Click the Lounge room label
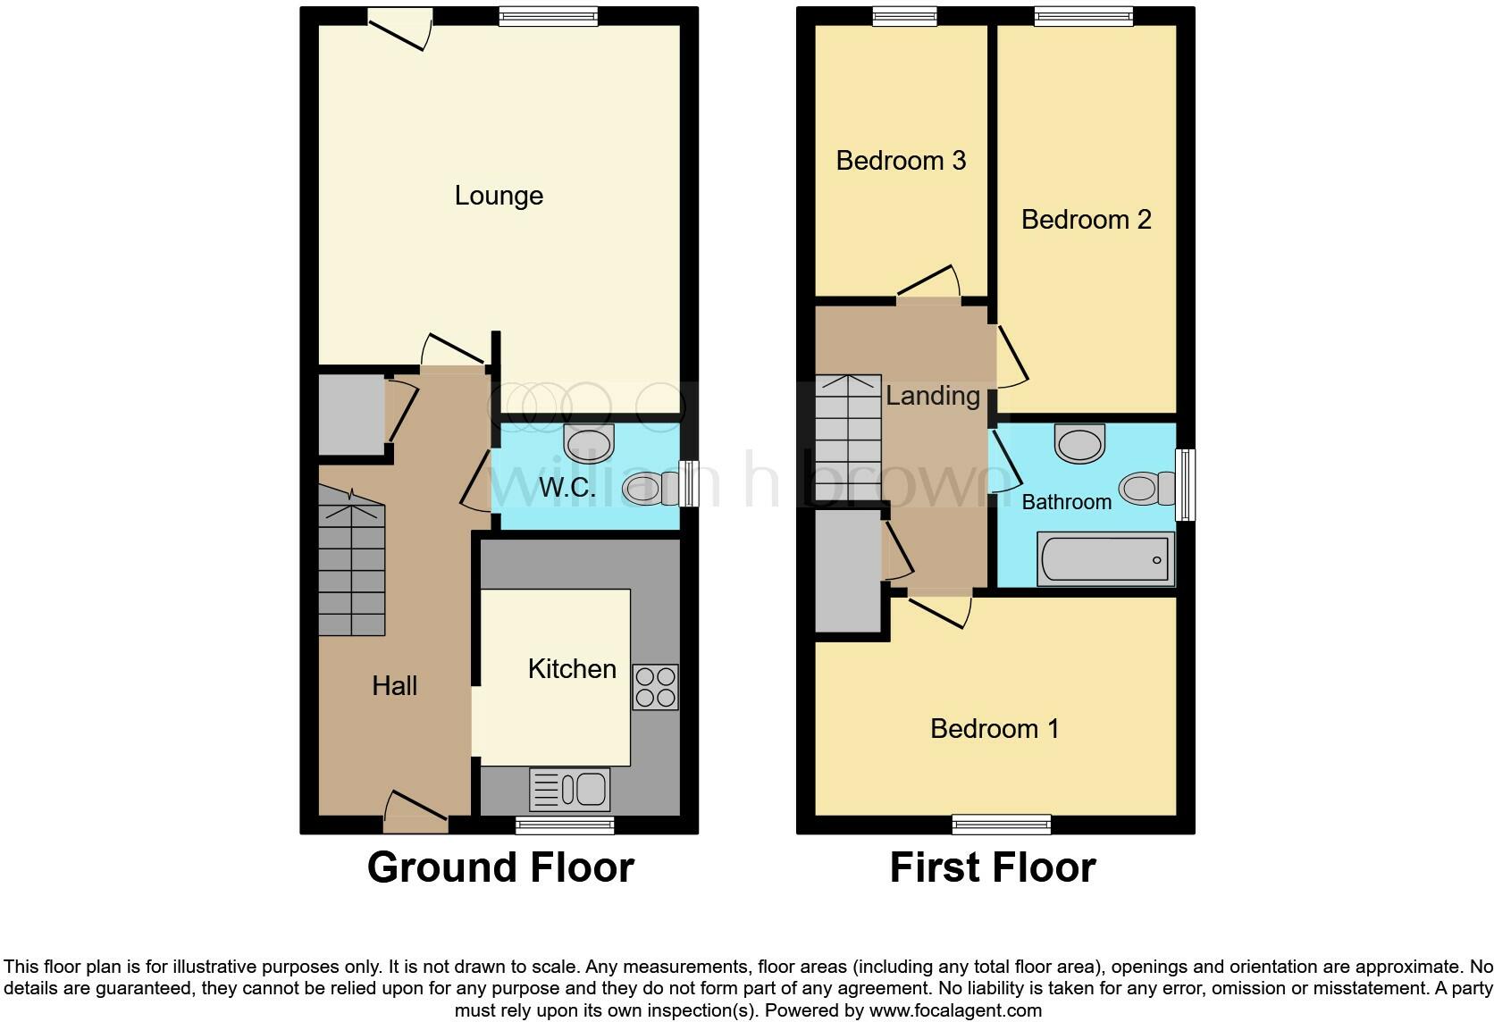point(499,196)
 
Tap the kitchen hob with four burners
point(655,687)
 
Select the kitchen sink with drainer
point(570,790)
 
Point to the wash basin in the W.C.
point(590,442)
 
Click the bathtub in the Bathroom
point(1105,560)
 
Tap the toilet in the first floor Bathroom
point(1148,489)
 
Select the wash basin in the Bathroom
point(1079,444)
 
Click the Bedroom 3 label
point(901,161)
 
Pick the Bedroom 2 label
point(1086,220)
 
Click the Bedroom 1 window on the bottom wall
point(1002,824)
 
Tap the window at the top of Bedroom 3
point(904,16)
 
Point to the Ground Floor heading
point(500,867)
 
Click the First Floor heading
point(992,867)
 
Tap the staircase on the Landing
point(848,437)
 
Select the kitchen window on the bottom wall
point(565,824)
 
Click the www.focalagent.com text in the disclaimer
point(955,1010)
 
